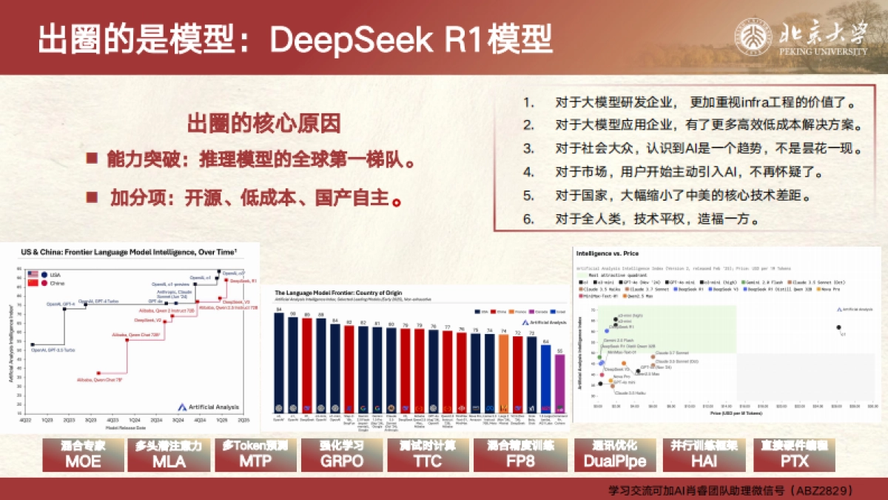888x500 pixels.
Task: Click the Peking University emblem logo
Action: pyautogui.click(x=753, y=36)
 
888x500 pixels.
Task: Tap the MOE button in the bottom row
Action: pyautogui.click(x=83, y=455)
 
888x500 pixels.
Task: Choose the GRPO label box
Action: pyautogui.click(x=343, y=455)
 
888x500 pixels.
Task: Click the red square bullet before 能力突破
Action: pyautogui.click(x=92, y=159)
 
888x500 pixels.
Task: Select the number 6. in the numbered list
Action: pyautogui.click(x=528, y=219)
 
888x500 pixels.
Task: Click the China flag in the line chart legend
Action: pyautogui.click(x=33, y=282)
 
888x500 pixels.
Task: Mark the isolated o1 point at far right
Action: pyautogui.click(x=838, y=327)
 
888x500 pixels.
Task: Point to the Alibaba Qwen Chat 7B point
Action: pyautogui.click(x=98, y=373)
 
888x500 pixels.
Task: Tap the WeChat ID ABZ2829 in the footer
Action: pyautogui.click(x=823, y=490)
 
